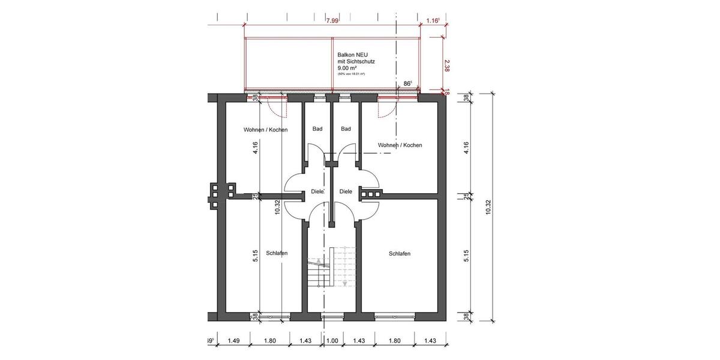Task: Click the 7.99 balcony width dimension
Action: (x=332, y=20)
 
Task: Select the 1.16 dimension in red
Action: (x=433, y=20)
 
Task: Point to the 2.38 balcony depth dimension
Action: (x=447, y=65)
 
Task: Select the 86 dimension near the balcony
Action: (x=407, y=84)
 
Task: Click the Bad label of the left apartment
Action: (x=317, y=129)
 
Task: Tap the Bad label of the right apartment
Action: (x=346, y=129)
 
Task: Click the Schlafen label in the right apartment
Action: (x=399, y=254)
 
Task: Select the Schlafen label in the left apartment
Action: (x=277, y=253)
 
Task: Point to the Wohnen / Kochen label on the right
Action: (x=400, y=145)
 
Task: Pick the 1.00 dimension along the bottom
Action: (x=332, y=341)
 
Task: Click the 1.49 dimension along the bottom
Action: (x=233, y=341)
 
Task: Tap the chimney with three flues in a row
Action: (x=371, y=194)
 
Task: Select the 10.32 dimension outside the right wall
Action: (x=488, y=207)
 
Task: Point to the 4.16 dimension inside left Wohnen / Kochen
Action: (x=256, y=147)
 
